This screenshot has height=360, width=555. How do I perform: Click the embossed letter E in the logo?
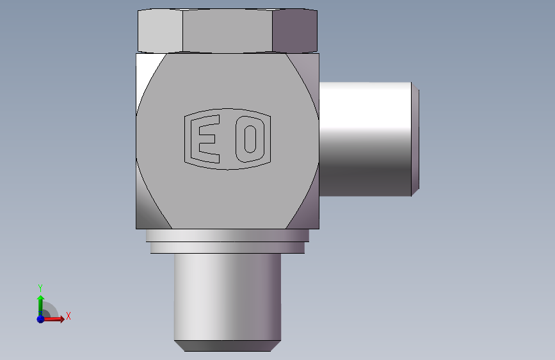(x=205, y=139)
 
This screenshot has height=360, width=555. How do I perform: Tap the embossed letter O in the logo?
(x=250, y=139)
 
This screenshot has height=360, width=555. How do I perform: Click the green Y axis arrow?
(x=40, y=306)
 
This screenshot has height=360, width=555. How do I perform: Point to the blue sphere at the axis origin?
(x=40, y=319)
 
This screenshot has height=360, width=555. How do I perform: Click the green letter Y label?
(x=40, y=288)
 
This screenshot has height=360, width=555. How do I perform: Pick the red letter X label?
(x=68, y=316)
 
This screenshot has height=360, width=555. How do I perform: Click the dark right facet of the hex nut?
(x=295, y=31)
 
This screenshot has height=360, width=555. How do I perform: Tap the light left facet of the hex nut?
(x=160, y=31)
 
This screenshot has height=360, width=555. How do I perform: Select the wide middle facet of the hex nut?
(x=228, y=31)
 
